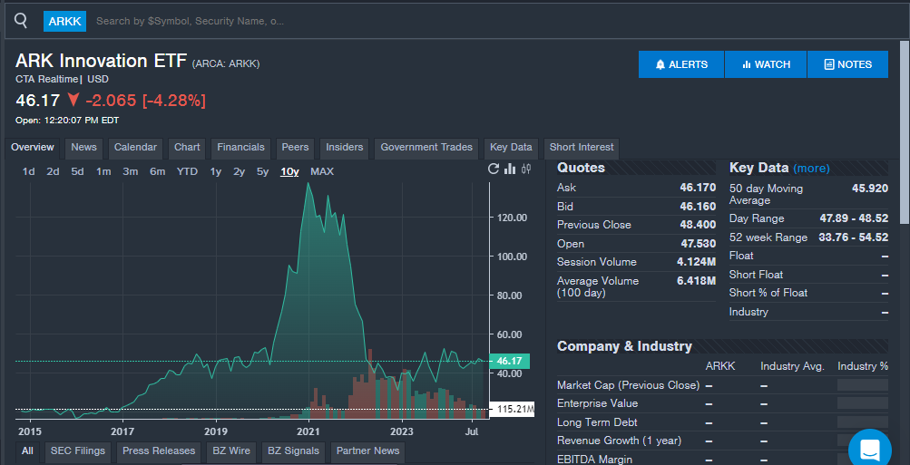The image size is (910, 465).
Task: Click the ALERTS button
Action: [680, 64]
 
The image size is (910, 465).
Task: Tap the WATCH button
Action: [766, 64]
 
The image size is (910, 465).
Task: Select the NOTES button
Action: [847, 64]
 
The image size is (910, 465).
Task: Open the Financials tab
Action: [240, 147]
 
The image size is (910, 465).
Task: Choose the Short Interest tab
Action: [582, 147]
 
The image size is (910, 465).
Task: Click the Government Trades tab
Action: [426, 147]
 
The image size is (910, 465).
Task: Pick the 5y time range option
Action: [262, 171]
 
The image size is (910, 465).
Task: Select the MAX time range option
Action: [322, 171]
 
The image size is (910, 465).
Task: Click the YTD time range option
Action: [187, 171]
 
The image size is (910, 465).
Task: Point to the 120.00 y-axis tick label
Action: [512, 218]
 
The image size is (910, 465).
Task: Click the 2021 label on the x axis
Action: [309, 431]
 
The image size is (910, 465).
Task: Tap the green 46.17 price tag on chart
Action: [509, 361]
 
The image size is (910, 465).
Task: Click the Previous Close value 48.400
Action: [697, 225]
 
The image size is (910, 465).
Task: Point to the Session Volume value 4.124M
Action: [696, 262]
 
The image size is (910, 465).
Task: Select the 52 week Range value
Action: [854, 237]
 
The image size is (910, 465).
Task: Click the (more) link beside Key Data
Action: [811, 168]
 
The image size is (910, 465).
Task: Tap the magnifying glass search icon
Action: [22, 20]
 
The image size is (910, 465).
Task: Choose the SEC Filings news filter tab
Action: [78, 450]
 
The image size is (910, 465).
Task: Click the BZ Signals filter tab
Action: [294, 450]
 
